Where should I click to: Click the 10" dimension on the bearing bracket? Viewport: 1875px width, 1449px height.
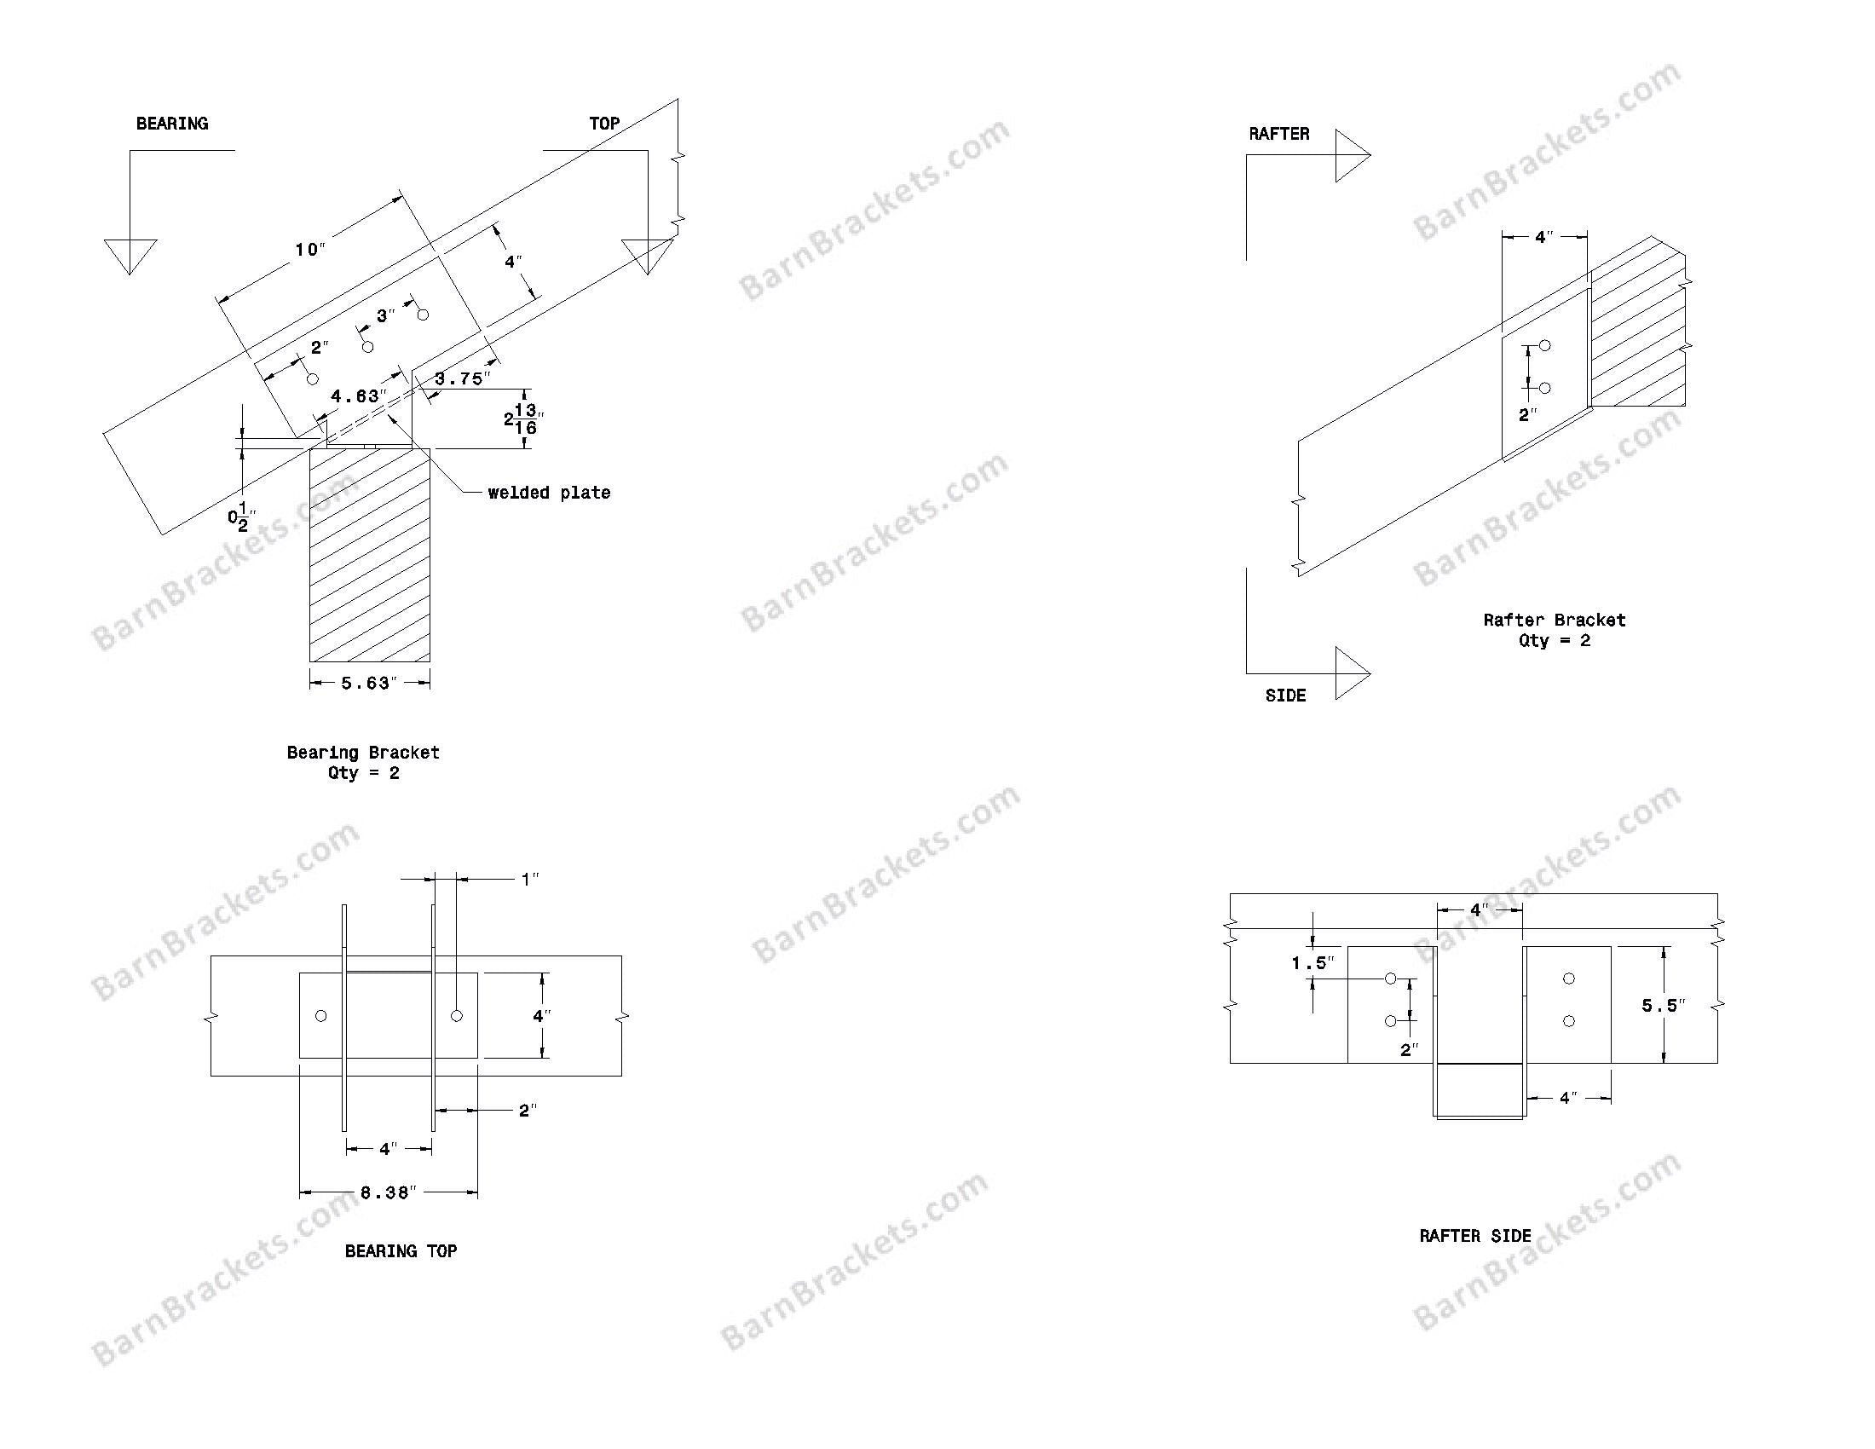[x=310, y=250]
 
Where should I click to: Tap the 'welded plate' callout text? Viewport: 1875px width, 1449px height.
[x=549, y=493]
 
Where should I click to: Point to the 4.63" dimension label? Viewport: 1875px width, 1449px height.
[x=358, y=395]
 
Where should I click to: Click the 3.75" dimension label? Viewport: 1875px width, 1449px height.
[x=463, y=378]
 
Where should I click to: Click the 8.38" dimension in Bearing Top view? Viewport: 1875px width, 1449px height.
[x=388, y=1192]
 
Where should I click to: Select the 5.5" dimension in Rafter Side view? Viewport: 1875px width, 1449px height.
[x=1663, y=1005]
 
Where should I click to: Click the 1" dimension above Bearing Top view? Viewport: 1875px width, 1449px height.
[x=531, y=879]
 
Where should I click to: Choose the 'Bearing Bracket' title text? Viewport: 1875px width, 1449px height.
[x=363, y=753]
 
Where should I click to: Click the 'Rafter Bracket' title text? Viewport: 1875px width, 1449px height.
[x=1554, y=620]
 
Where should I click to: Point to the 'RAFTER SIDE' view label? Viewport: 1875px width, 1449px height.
[x=1475, y=1236]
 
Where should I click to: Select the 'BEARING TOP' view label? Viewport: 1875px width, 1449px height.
[x=401, y=1251]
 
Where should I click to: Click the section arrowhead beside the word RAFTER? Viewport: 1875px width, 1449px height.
[x=1352, y=155]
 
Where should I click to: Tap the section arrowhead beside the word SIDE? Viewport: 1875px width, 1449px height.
[x=1352, y=674]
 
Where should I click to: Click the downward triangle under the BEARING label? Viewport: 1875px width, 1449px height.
[x=130, y=254]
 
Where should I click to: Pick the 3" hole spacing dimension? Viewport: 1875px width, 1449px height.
[x=385, y=316]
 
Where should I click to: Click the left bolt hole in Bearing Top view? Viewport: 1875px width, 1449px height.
[x=321, y=1016]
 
